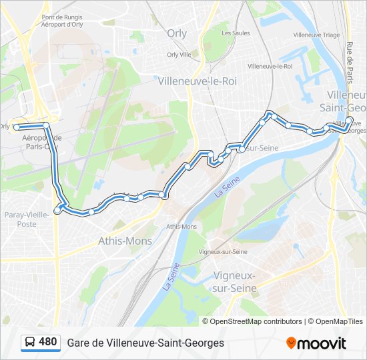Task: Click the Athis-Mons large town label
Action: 125,241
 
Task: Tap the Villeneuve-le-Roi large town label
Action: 198,80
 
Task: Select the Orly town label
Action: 177,33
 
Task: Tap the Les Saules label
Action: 235,33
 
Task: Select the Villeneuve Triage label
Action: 316,35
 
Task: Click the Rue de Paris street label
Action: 349,60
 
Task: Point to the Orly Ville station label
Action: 177,55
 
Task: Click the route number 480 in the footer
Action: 47,342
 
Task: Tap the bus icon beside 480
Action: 30,343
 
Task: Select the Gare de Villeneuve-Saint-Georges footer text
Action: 145,343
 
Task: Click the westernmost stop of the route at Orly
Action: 16,126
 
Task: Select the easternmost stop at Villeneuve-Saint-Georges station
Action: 350,121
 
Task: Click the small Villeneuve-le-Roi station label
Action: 270,66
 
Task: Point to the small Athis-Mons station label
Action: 181,227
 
